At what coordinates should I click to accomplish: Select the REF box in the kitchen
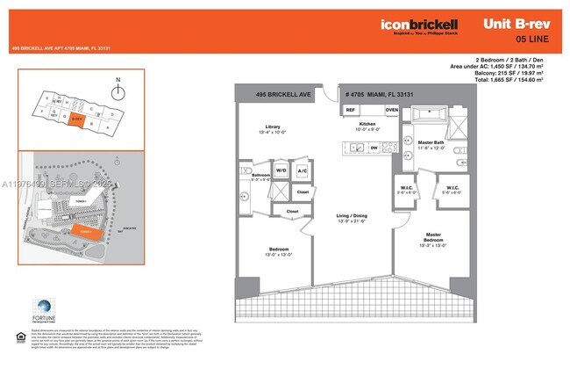point(350,110)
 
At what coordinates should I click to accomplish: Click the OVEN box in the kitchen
point(391,110)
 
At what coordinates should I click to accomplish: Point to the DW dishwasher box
point(374,148)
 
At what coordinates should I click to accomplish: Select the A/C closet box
point(303,170)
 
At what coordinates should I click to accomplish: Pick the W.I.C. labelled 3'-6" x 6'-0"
point(404,189)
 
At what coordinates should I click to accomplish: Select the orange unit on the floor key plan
point(77,119)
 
